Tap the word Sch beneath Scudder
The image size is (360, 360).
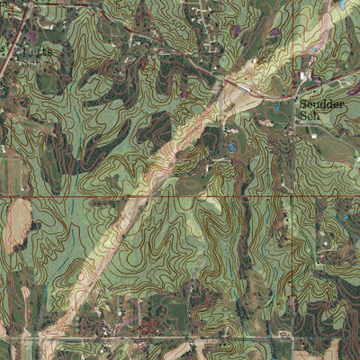(x=310, y=116)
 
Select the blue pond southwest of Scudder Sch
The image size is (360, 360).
(x=232, y=145)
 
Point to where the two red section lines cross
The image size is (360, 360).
(x=292, y=195)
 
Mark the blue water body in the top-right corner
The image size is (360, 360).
(x=344, y=4)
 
